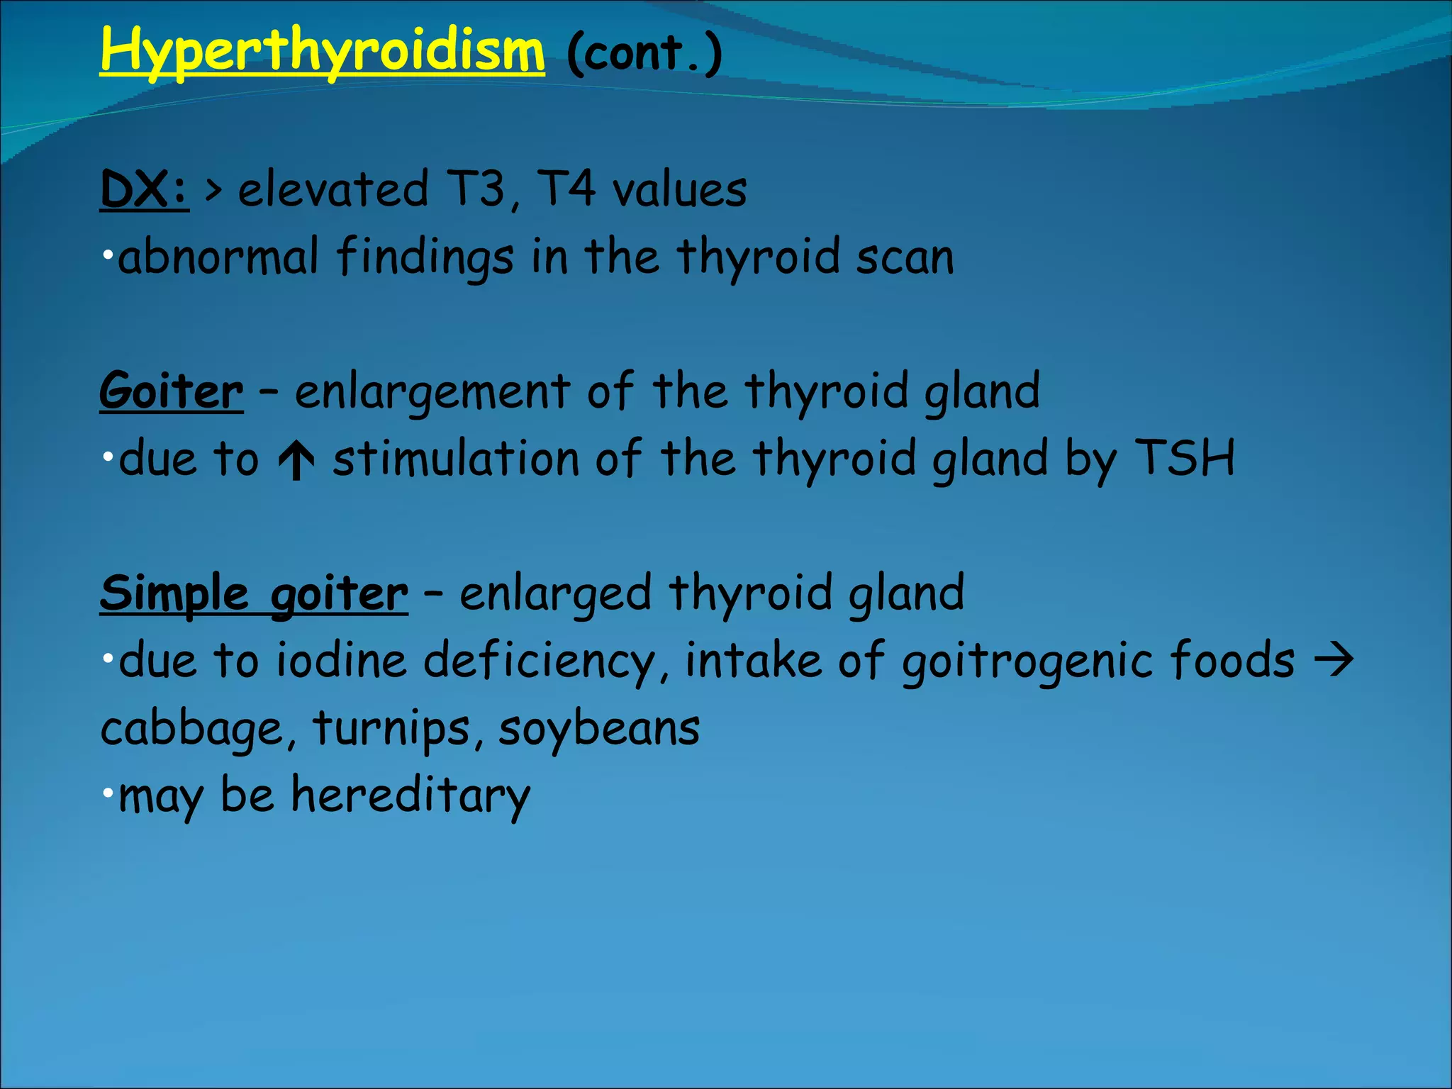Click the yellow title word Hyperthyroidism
point(322,51)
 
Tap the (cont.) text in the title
point(644,53)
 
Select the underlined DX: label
point(144,190)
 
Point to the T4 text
point(565,190)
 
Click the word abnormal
point(218,257)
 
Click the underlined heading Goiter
point(171,391)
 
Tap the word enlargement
point(432,391)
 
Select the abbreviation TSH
point(1185,458)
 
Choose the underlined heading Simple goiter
point(253,593)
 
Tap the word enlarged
point(555,593)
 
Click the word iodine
point(341,661)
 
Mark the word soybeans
point(599,728)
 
